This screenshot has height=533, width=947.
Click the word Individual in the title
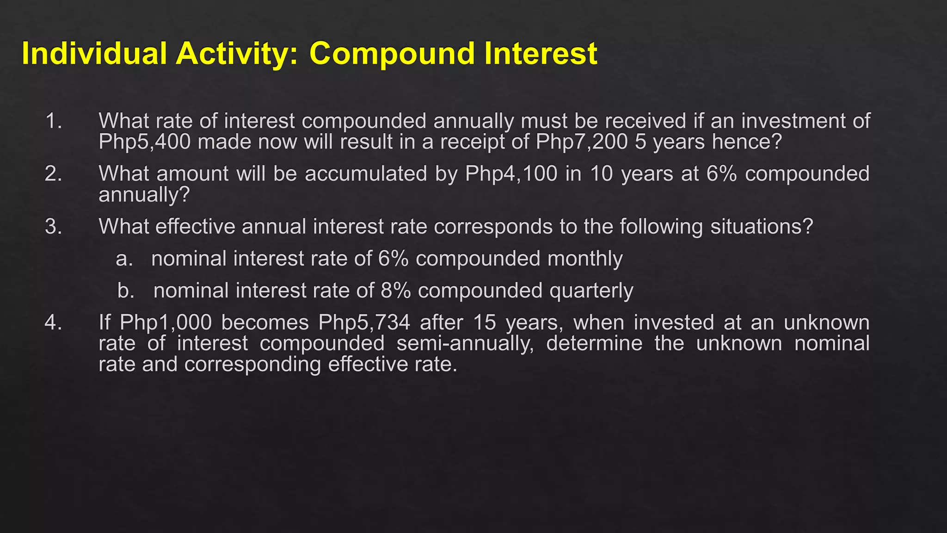point(94,53)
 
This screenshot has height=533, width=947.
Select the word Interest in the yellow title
point(541,53)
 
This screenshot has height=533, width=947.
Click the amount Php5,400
point(144,142)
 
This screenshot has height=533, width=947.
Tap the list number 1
point(53,121)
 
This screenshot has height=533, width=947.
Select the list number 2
point(53,174)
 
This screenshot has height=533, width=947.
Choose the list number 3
point(53,227)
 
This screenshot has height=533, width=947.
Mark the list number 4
point(53,322)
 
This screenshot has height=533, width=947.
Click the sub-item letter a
point(123,259)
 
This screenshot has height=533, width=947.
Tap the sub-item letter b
point(125,291)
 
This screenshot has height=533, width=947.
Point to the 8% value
point(396,291)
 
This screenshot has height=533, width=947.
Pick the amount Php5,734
point(364,322)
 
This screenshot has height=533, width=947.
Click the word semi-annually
point(465,343)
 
